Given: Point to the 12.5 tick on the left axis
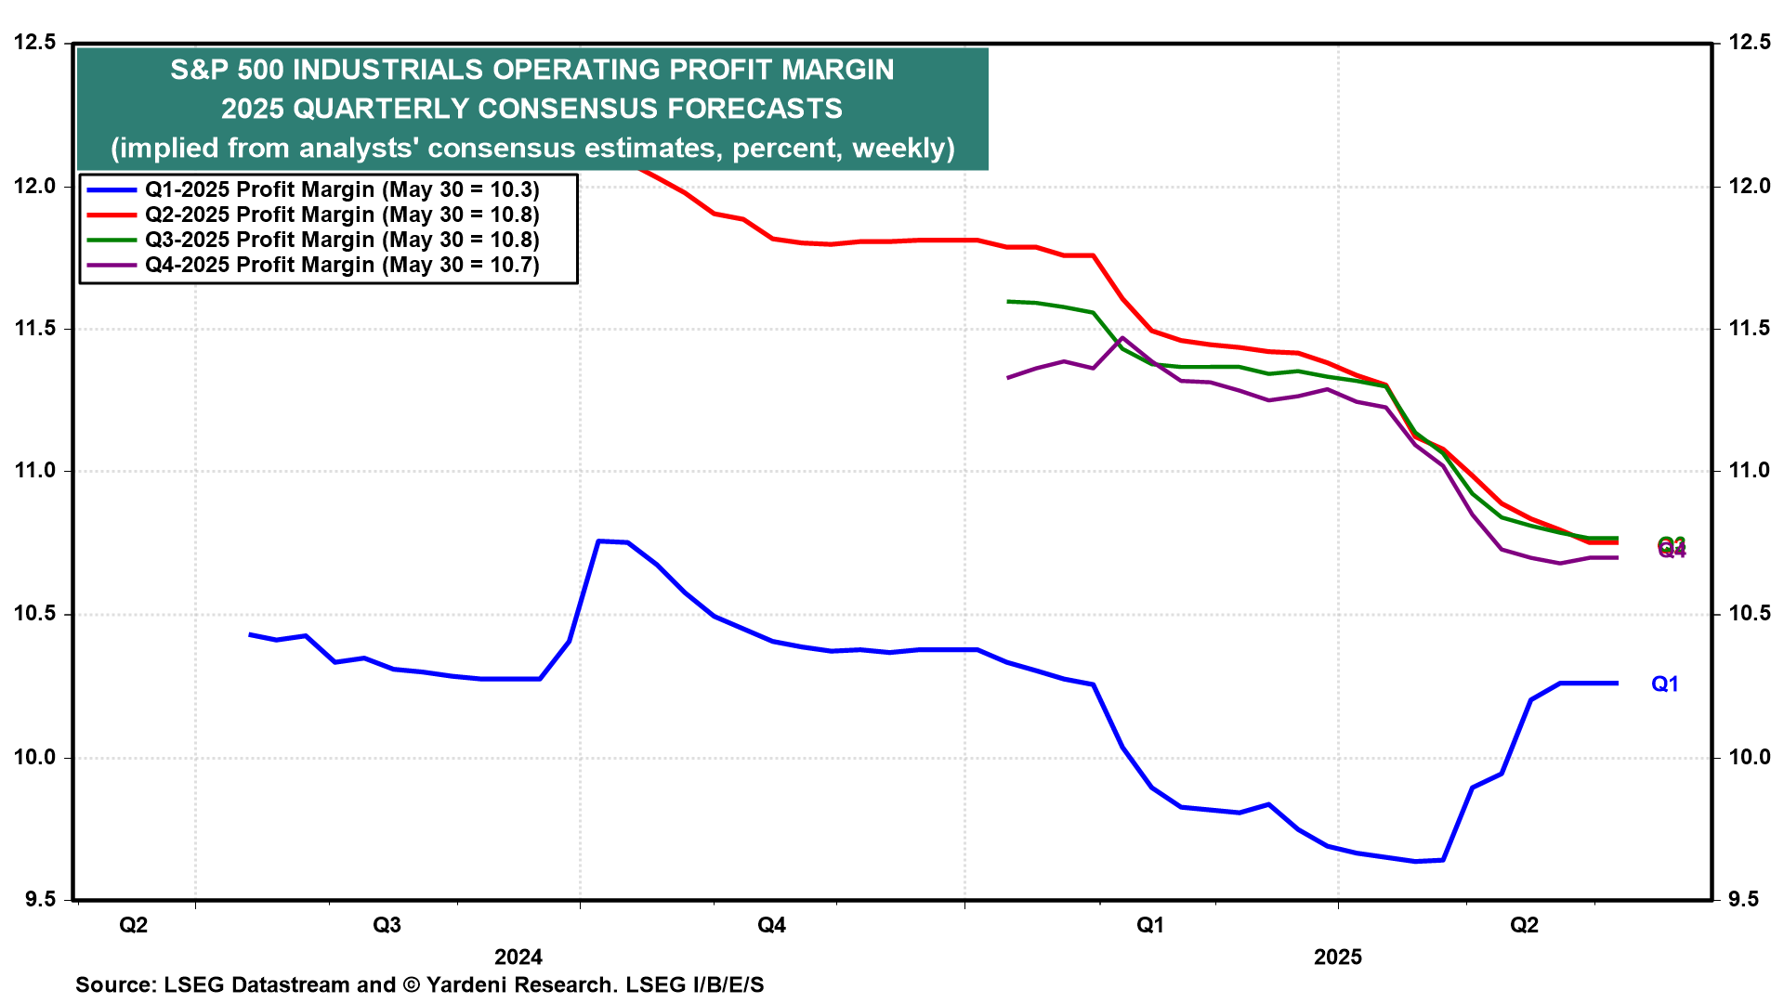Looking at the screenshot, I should click(x=35, y=43).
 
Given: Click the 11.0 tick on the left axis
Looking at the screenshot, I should click(x=35, y=472).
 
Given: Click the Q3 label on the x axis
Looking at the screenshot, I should click(x=387, y=926).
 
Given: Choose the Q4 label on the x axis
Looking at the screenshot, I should click(x=772, y=926).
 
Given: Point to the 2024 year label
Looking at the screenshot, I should click(x=518, y=957).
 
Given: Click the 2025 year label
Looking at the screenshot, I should click(x=1338, y=957).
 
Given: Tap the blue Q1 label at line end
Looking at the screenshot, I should click(x=1665, y=684).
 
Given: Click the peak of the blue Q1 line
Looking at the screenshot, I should click(x=599, y=541).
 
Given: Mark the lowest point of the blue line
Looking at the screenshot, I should click(x=1415, y=862).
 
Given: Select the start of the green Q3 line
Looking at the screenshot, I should click(x=1008, y=302).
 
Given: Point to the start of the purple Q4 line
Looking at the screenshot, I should click(x=1008, y=378).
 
